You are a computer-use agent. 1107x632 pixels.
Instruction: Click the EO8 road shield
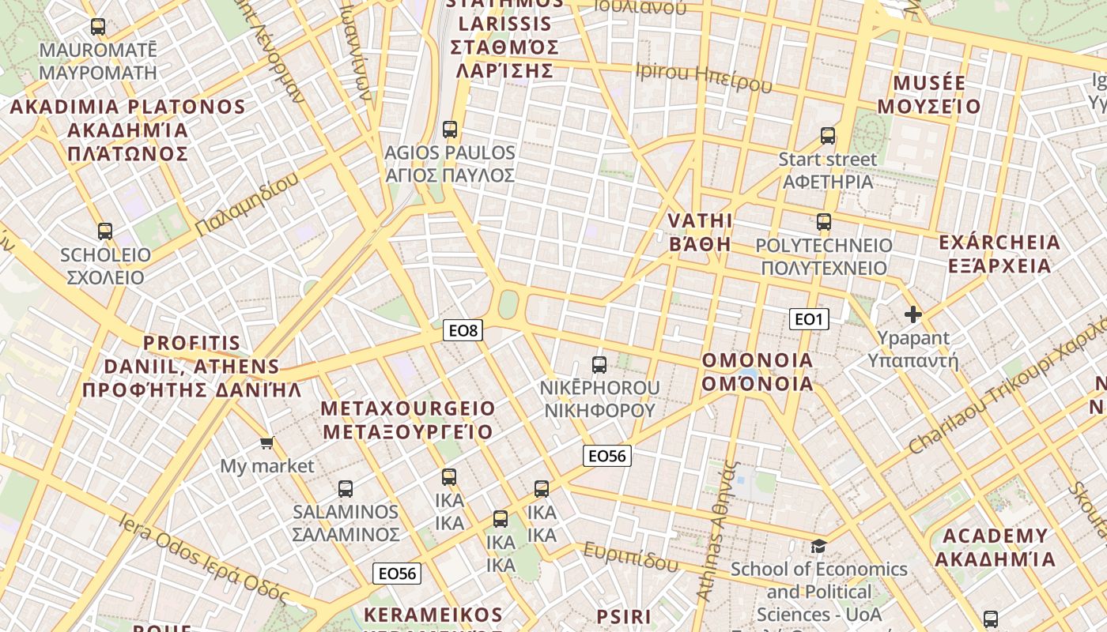click(463, 330)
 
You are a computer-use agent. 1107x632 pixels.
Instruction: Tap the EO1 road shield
click(809, 319)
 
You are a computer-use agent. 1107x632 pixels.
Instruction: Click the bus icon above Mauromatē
click(98, 27)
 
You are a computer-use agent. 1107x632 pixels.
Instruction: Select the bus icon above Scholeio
click(105, 231)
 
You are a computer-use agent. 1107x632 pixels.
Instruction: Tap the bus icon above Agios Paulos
click(450, 129)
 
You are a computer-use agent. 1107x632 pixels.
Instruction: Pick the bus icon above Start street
click(828, 136)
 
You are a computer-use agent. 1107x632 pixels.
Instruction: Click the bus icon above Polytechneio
click(824, 222)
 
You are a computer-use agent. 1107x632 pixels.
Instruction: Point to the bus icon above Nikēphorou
click(599, 365)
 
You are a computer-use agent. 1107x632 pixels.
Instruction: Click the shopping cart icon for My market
click(266, 443)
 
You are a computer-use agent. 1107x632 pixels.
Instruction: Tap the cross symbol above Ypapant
click(913, 315)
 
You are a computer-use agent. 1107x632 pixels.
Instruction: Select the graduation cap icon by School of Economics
click(818, 546)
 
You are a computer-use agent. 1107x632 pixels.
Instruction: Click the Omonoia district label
click(758, 372)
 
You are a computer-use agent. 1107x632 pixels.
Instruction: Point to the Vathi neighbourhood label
click(701, 231)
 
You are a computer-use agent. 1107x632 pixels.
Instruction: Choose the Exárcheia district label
click(999, 254)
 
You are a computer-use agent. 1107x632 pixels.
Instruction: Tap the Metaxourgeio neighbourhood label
click(408, 420)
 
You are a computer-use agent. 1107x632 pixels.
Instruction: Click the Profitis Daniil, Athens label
click(192, 367)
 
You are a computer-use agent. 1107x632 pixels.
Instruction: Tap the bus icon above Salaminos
click(346, 489)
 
